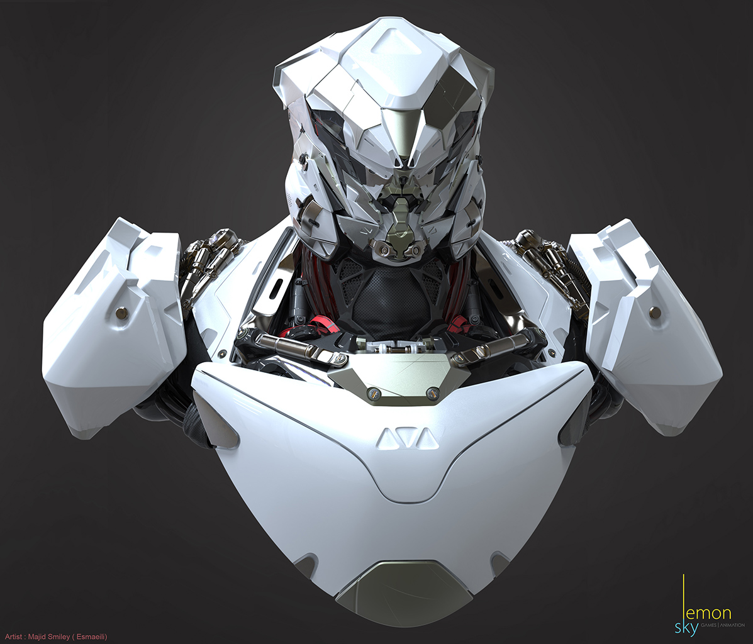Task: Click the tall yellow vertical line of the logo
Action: coord(684,597)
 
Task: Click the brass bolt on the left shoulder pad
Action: coord(121,313)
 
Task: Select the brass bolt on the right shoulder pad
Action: coord(654,312)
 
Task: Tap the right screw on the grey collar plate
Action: coord(432,394)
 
